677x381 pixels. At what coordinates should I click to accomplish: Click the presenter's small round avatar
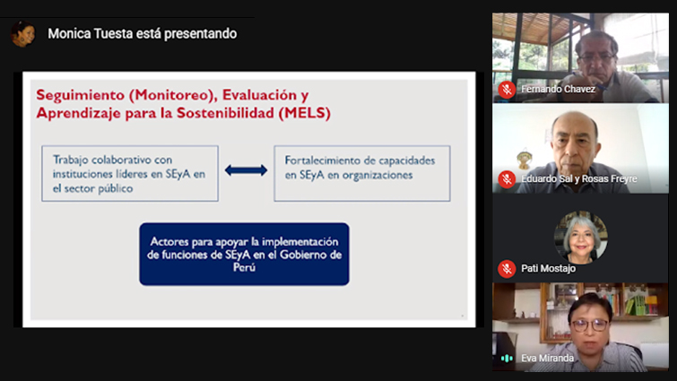[x=23, y=34]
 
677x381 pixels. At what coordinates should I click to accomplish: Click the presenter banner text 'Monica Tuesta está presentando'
[x=142, y=34]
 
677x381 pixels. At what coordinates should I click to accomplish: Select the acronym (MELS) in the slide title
[x=304, y=113]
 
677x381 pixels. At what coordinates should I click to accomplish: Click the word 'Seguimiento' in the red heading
[x=80, y=95]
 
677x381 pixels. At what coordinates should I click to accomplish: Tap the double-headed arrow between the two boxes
[x=246, y=170]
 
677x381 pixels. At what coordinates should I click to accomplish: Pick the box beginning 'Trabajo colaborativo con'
[x=130, y=173]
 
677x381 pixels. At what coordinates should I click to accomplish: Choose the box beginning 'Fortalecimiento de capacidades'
[x=362, y=173]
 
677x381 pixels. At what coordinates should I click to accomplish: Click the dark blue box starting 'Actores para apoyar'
[x=245, y=254]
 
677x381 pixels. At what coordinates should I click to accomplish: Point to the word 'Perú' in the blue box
[x=245, y=267]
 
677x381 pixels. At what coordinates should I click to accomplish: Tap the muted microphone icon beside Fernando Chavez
[x=507, y=90]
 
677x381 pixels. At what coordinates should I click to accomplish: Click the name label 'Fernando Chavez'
[x=558, y=90]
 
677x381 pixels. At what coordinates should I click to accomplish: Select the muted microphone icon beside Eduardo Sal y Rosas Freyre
[x=507, y=179]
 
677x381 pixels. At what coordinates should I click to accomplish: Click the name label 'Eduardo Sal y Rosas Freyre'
[x=579, y=179]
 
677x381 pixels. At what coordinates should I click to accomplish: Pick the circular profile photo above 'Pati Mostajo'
[x=581, y=238]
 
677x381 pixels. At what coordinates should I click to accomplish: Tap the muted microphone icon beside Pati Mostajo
[x=507, y=269]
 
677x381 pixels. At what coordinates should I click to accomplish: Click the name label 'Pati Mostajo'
[x=549, y=269]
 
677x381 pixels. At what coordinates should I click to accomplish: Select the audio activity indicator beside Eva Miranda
[x=507, y=358]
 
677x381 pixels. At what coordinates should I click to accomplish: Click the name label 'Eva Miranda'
[x=548, y=358]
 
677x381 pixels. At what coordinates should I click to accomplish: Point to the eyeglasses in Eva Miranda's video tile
[x=590, y=325]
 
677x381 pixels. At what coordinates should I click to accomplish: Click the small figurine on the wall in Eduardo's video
[x=525, y=159]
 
